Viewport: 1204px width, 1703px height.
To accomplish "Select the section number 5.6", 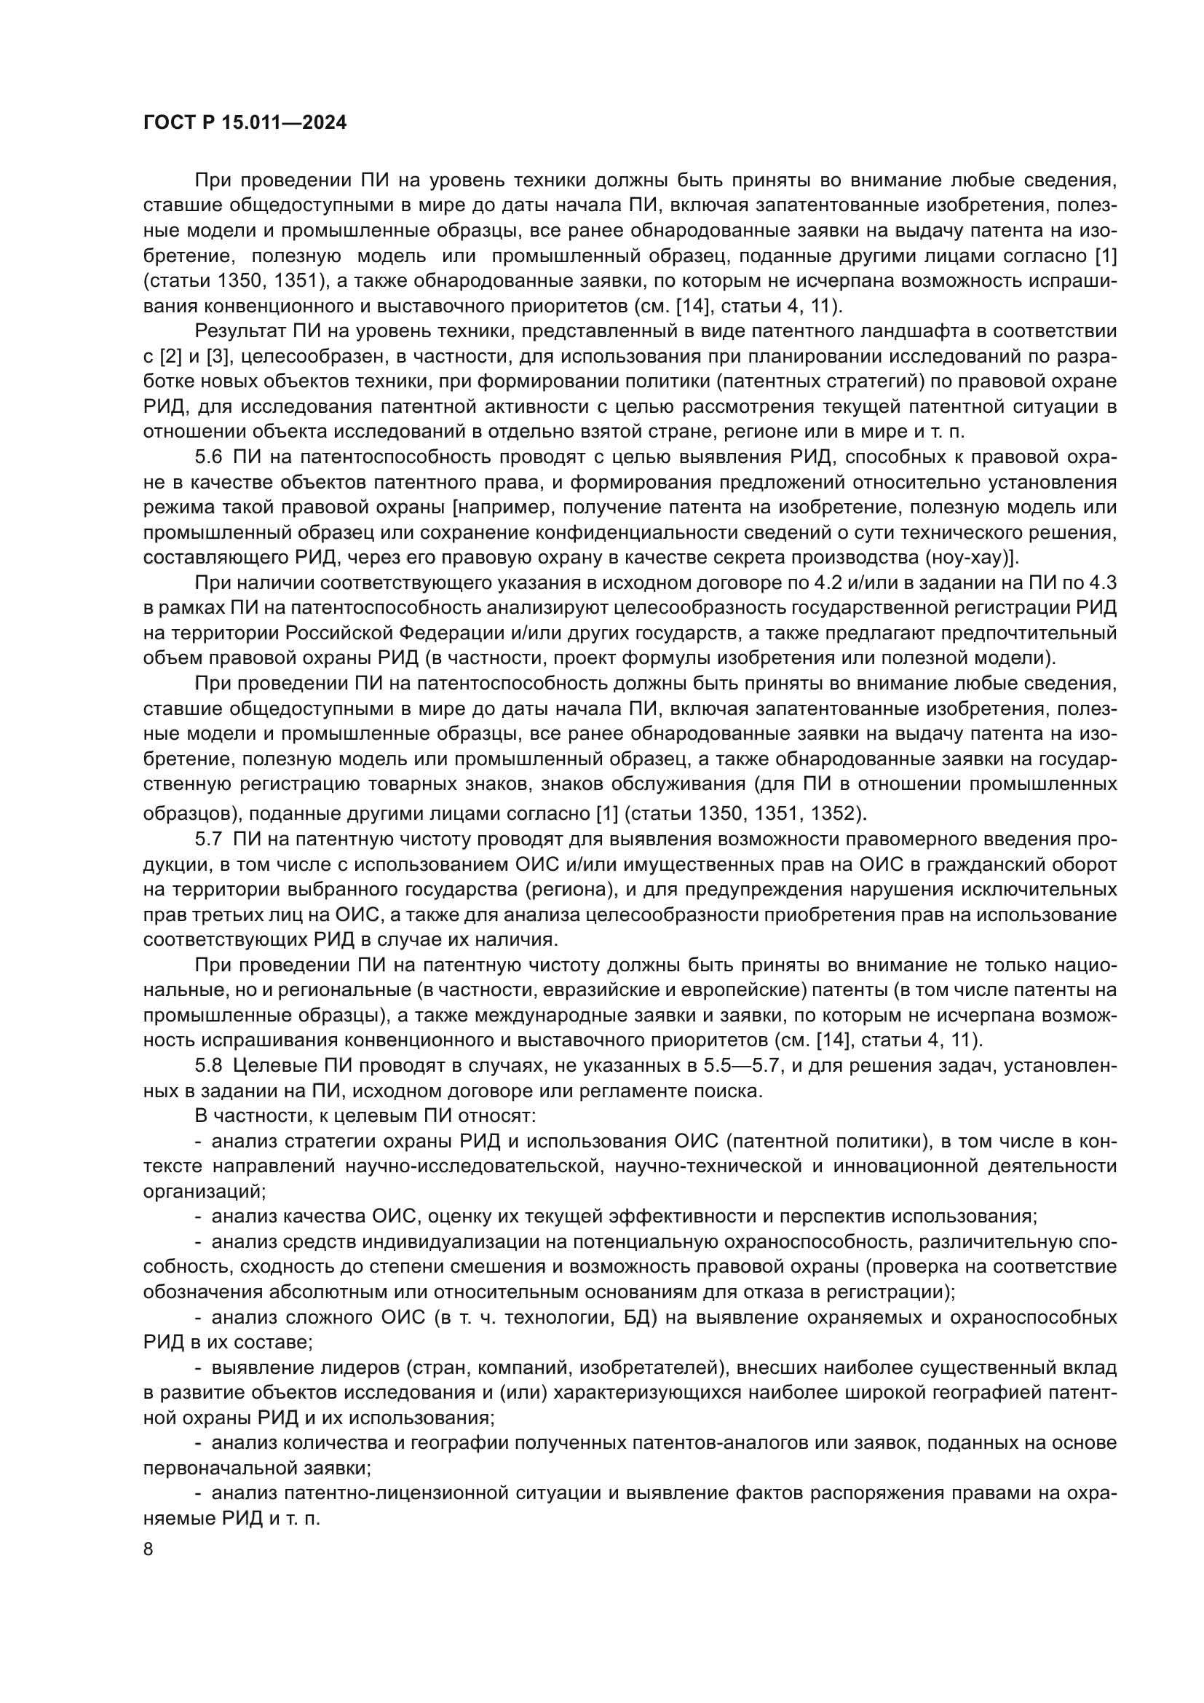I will pyautogui.click(x=208, y=458).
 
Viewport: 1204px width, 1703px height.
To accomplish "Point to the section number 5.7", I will pyautogui.click(x=208, y=839).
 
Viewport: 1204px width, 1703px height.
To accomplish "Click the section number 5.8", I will pyautogui.click(x=208, y=1066).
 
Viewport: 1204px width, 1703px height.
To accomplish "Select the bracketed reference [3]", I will pyautogui.click(x=217, y=357).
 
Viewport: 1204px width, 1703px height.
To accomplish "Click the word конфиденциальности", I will pyautogui.click(x=660, y=532).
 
